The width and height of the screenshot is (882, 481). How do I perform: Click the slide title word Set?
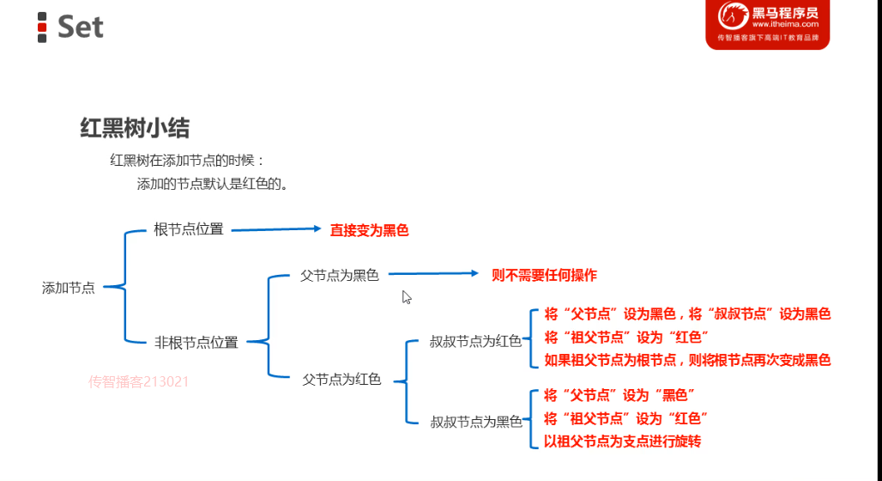[x=80, y=27]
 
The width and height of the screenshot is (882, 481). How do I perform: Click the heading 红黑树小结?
[x=135, y=129]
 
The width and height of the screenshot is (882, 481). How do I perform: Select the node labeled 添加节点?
[x=69, y=288]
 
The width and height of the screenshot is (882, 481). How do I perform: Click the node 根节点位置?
[x=188, y=229]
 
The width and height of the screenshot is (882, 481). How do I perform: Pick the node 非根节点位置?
[x=196, y=342]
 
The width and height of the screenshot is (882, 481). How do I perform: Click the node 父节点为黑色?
[x=339, y=276]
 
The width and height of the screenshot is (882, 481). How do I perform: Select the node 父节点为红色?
[x=341, y=379]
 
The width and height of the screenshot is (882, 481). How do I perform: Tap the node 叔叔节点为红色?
[x=475, y=341]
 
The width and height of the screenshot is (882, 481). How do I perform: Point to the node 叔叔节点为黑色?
[x=476, y=422]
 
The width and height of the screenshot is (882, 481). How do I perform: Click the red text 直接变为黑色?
[x=370, y=230]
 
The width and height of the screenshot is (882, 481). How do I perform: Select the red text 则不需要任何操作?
[x=544, y=276]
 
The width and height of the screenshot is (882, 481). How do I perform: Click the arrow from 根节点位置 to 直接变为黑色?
[x=275, y=229]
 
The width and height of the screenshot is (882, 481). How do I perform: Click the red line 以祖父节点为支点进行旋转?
[x=623, y=441]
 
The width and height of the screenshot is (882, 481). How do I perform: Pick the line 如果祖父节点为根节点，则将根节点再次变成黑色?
[x=687, y=360]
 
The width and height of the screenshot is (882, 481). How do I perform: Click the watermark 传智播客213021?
[x=138, y=381]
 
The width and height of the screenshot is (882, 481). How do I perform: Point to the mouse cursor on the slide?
[x=407, y=297]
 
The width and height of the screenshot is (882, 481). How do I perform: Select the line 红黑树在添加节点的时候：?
[x=188, y=161]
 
